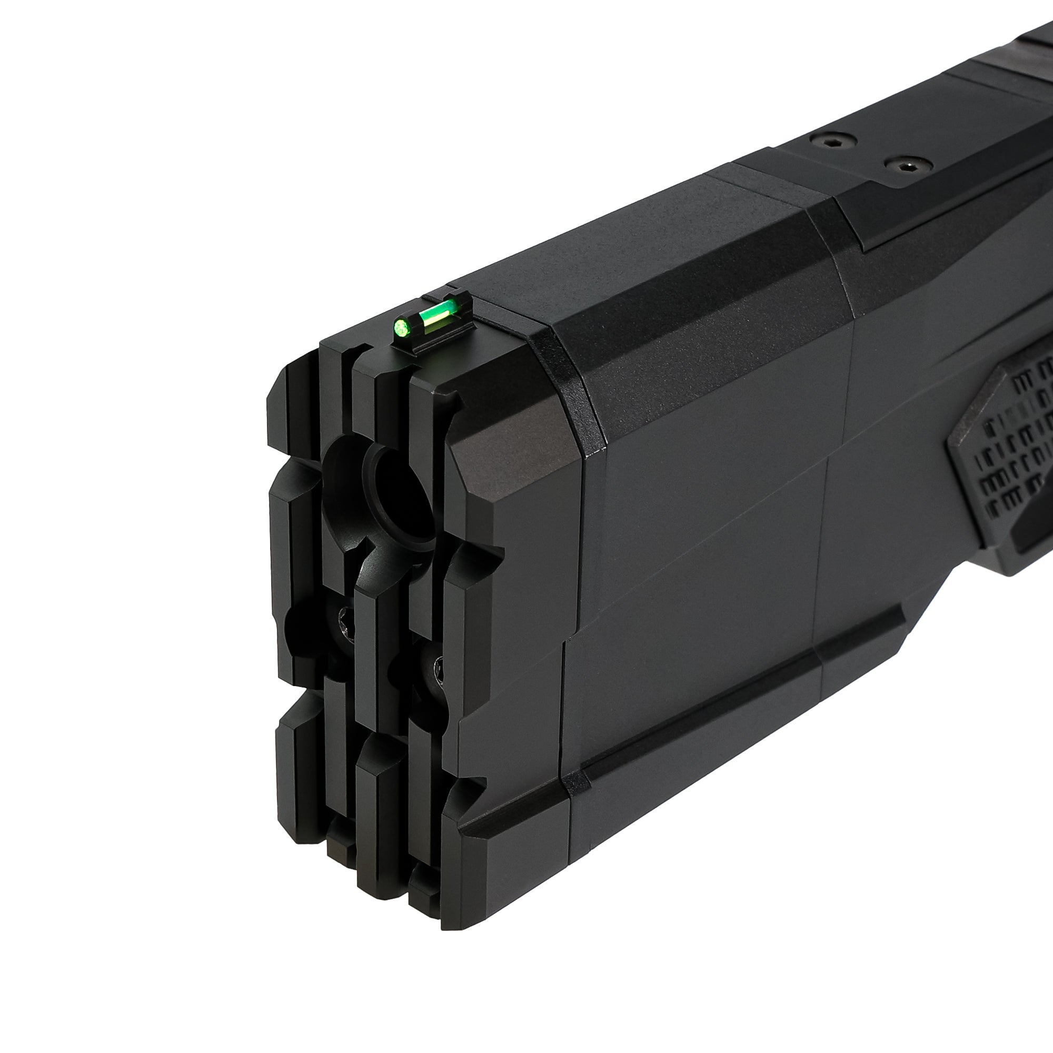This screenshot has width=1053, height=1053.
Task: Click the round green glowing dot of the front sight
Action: [x=402, y=327]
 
